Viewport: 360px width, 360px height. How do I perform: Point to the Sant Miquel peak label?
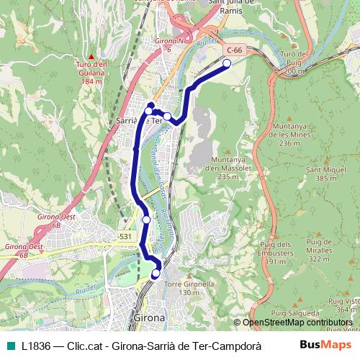pos(321,174)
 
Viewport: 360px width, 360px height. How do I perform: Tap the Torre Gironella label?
pos(180,288)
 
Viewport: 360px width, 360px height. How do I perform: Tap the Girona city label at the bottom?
pos(149,318)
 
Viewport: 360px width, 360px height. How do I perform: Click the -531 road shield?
pos(125,236)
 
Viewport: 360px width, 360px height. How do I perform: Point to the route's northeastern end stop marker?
pos(227,63)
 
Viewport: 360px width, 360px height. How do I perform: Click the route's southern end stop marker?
pos(156,274)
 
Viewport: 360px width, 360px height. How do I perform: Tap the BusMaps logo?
pos(325,345)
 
